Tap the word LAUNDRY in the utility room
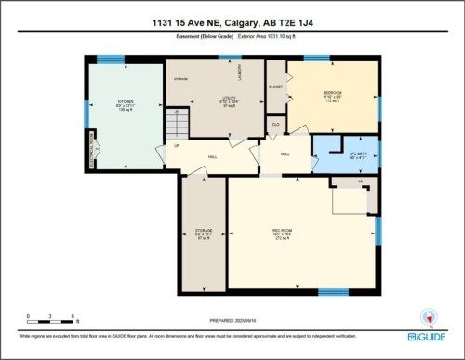click(x=241, y=73)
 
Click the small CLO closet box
click(x=275, y=123)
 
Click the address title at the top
click(x=232, y=22)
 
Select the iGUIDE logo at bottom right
click(x=428, y=336)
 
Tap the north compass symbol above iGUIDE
click(x=429, y=315)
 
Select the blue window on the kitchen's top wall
click(x=111, y=60)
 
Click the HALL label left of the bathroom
click(x=286, y=153)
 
